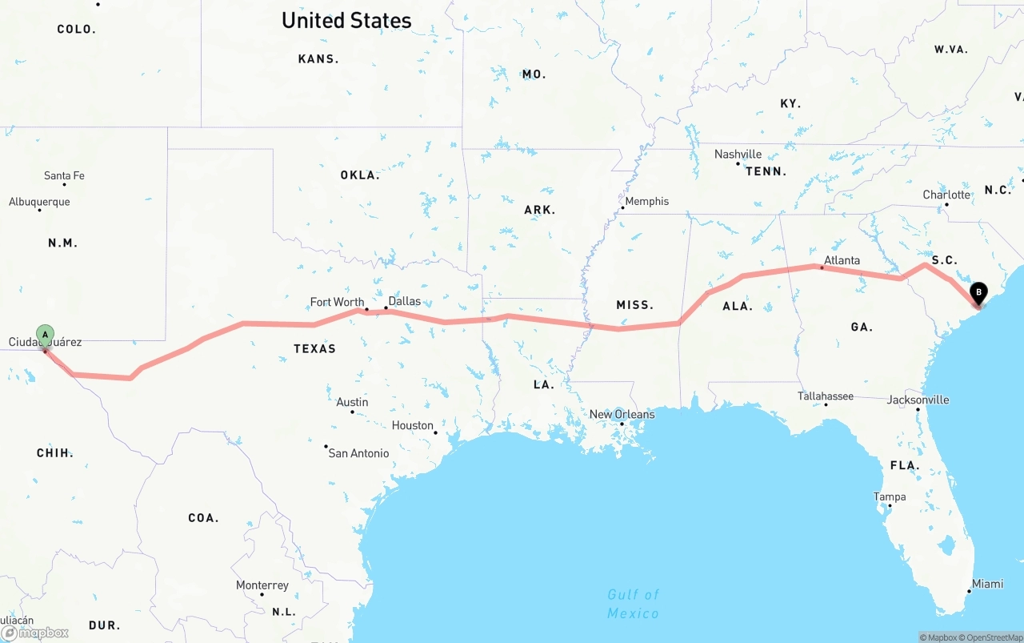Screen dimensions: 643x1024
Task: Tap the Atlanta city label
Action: point(842,260)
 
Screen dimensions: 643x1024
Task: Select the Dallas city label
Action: point(404,301)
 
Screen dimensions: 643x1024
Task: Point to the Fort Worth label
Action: point(337,302)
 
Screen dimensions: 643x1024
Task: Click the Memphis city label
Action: point(646,201)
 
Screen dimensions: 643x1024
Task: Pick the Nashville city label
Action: point(738,154)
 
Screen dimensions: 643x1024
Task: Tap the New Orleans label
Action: point(622,414)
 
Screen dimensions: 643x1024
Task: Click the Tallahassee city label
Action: point(825,396)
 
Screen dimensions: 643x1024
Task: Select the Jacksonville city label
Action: point(918,400)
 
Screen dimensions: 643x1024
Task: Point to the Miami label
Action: point(987,584)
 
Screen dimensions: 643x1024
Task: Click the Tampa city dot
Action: point(890,506)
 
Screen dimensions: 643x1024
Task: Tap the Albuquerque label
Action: point(39,202)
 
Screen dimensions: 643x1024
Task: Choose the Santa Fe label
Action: point(64,175)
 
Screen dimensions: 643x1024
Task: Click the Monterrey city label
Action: point(262,585)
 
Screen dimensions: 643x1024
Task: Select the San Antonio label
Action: point(358,453)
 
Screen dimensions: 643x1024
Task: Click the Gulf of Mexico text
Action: point(633,603)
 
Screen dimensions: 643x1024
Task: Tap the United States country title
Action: point(346,21)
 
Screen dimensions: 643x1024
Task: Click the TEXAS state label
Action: point(314,348)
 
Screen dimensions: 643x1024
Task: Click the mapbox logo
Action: point(35,633)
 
